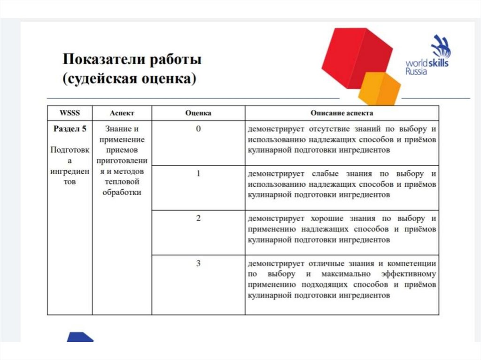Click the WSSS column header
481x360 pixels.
pyautogui.click(x=70, y=113)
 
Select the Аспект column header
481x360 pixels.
pyautogui.click(x=122, y=113)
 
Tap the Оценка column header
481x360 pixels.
pyautogui.click(x=198, y=113)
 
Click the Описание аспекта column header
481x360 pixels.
pyautogui.click(x=341, y=113)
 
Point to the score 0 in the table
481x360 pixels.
pyautogui.click(x=198, y=129)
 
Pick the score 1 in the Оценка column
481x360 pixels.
pyautogui.click(x=198, y=173)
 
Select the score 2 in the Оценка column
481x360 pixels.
pyautogui.click(x=198, y=218)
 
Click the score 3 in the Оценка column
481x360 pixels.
pyautogui.click(x=198, y=263)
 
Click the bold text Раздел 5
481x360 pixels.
pyautogui.click(x=70, y=129)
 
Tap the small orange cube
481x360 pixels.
pyautogui.click(x=380, y=89)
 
